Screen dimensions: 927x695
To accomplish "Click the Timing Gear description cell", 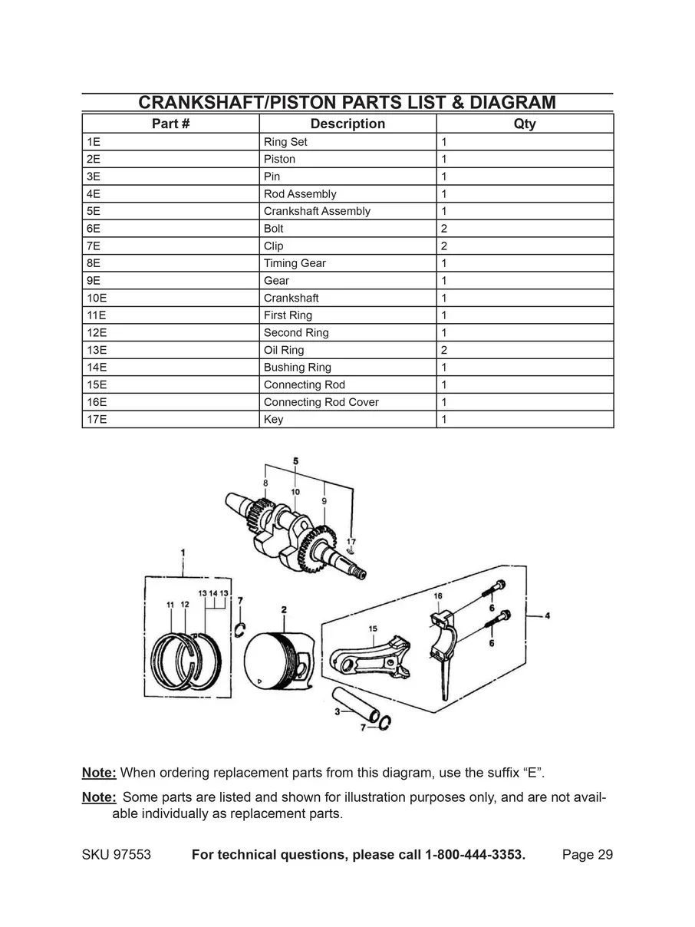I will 295,263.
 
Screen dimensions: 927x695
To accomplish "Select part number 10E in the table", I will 96,298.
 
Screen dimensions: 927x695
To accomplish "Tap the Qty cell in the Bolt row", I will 444,229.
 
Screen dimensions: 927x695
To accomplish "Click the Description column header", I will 347,124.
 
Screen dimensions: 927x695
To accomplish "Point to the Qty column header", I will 525,124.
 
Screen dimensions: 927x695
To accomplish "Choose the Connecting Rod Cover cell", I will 321,402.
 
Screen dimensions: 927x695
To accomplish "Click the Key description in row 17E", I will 273,420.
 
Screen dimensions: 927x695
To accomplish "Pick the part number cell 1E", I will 94,142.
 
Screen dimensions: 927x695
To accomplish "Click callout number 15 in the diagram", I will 373,629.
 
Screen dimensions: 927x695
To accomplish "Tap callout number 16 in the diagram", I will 438,596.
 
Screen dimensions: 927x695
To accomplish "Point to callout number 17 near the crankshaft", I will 351,541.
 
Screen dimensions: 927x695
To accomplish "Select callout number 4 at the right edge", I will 548,615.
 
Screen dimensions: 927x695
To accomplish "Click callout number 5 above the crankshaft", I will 296,460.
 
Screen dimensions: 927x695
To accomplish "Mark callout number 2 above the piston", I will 284,609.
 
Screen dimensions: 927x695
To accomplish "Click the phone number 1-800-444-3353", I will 475,855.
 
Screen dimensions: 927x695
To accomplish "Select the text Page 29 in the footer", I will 587,855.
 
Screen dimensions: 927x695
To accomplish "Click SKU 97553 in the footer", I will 116,855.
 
